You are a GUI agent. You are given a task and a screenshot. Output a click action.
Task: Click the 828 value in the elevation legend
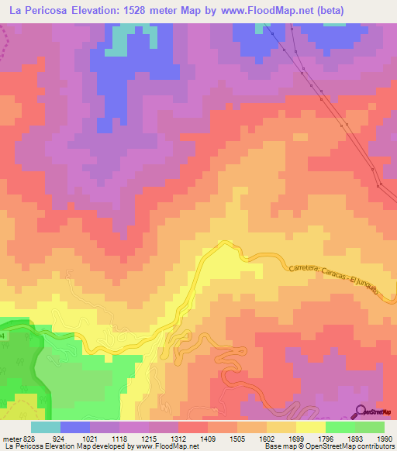30,439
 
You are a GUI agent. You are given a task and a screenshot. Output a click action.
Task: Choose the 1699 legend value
296,439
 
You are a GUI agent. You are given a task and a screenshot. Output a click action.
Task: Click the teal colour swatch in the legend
45,427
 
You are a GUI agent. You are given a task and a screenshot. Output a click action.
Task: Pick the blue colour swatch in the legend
75,427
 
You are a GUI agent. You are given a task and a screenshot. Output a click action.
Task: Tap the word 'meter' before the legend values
12,439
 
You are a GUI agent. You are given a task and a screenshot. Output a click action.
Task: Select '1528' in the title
156,9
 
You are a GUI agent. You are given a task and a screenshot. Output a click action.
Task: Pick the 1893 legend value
354,439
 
